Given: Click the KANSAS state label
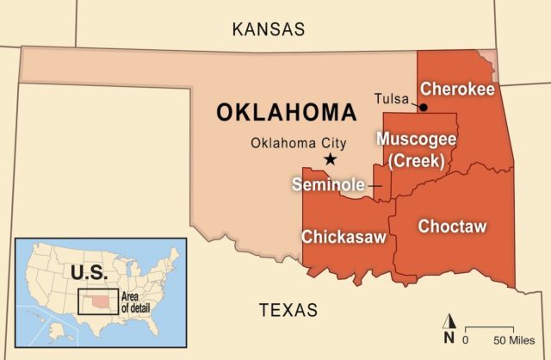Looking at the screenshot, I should (269, 29).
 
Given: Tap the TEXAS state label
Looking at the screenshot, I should (288, 310).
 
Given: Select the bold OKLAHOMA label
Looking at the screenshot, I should (286, 113).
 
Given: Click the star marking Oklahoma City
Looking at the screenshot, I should (330, 159).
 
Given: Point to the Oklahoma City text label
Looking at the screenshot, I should (293, 143).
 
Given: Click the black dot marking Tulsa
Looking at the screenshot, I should (423, 107).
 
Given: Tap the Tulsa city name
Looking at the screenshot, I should (392, 99).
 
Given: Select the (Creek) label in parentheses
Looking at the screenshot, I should (417, 159).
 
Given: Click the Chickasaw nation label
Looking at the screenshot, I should (344, 236).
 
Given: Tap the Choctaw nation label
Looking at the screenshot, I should (452, 227).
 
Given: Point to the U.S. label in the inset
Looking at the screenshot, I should (88, 273).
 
